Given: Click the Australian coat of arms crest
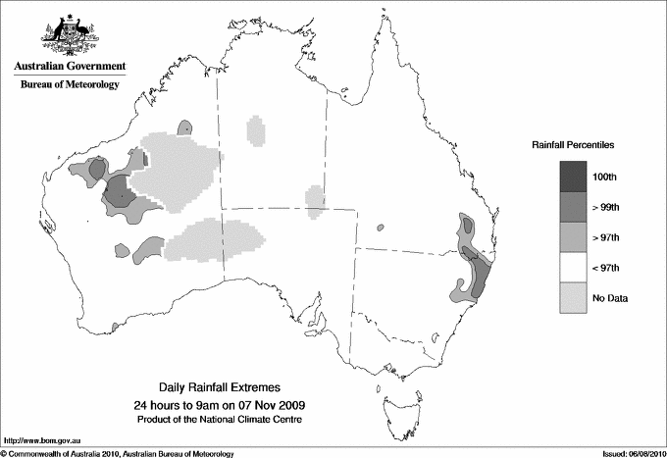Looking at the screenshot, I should [x=69, y=32].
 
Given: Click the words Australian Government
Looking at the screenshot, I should [x=69, y=67].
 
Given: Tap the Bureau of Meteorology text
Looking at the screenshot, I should [x=69, y=85].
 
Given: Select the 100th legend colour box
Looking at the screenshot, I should [x=568, y=176].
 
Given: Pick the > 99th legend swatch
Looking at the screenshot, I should [x=568, y=206].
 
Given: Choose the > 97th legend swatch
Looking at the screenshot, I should [x=568, y=236].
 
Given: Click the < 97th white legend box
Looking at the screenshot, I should [x=568, y=267].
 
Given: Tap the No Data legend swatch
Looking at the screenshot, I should [x=568, y=297].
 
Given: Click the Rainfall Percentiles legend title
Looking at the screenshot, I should [x=573, y=145].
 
